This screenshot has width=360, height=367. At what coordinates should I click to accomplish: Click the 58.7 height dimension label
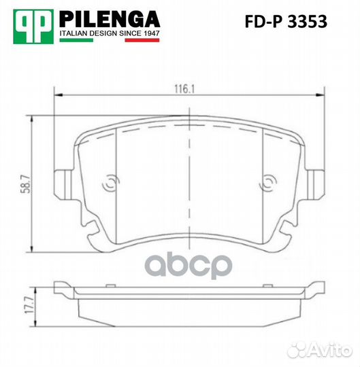(x=24, y=184)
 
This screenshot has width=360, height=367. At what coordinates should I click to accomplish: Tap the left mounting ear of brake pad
(x=65, y=183)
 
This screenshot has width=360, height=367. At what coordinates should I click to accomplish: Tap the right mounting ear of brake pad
(x=314, y=183)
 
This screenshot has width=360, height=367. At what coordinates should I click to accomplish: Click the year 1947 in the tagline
(x=150, y=33)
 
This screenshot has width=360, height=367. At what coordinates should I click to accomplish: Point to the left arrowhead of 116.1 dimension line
(x=57, y=94)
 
